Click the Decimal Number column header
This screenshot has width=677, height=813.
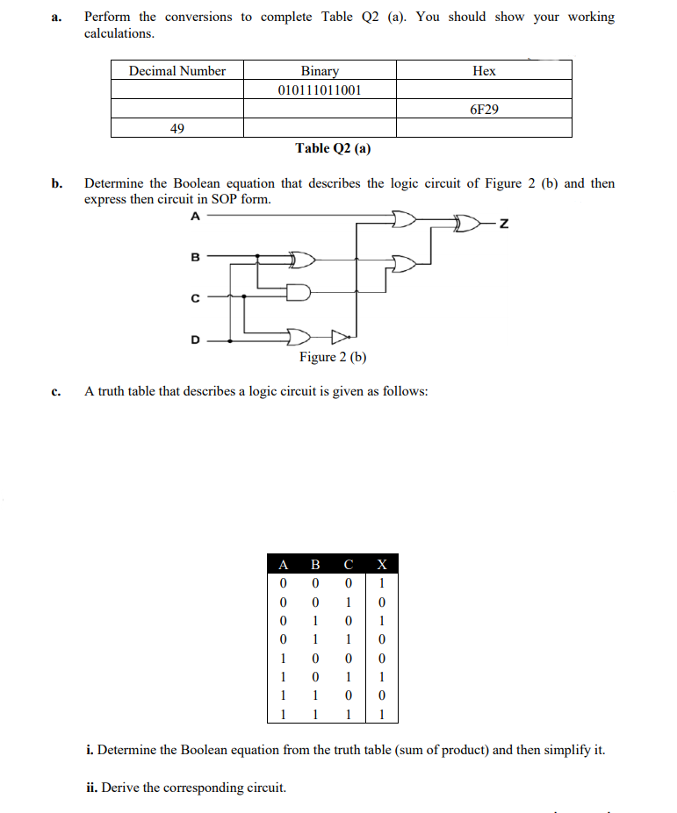pos(176,71)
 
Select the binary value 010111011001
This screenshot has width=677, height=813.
pos(320,90)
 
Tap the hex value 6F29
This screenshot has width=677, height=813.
pos(484,110)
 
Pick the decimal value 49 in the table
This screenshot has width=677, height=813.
pos(176,129)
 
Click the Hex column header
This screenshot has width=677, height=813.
pos(484,71)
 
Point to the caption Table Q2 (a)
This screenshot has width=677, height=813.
pos(333,148)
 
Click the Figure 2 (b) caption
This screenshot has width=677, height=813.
pos(333,357)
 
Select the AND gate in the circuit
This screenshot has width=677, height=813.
pos(299,292)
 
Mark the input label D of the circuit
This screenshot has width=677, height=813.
pos(196,339)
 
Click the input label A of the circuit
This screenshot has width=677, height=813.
pos(195,216)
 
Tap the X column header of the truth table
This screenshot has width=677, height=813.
pos(380,564)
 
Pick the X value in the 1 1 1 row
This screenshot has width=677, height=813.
pos(380,715)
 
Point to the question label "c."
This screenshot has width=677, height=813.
pos(56,391)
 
